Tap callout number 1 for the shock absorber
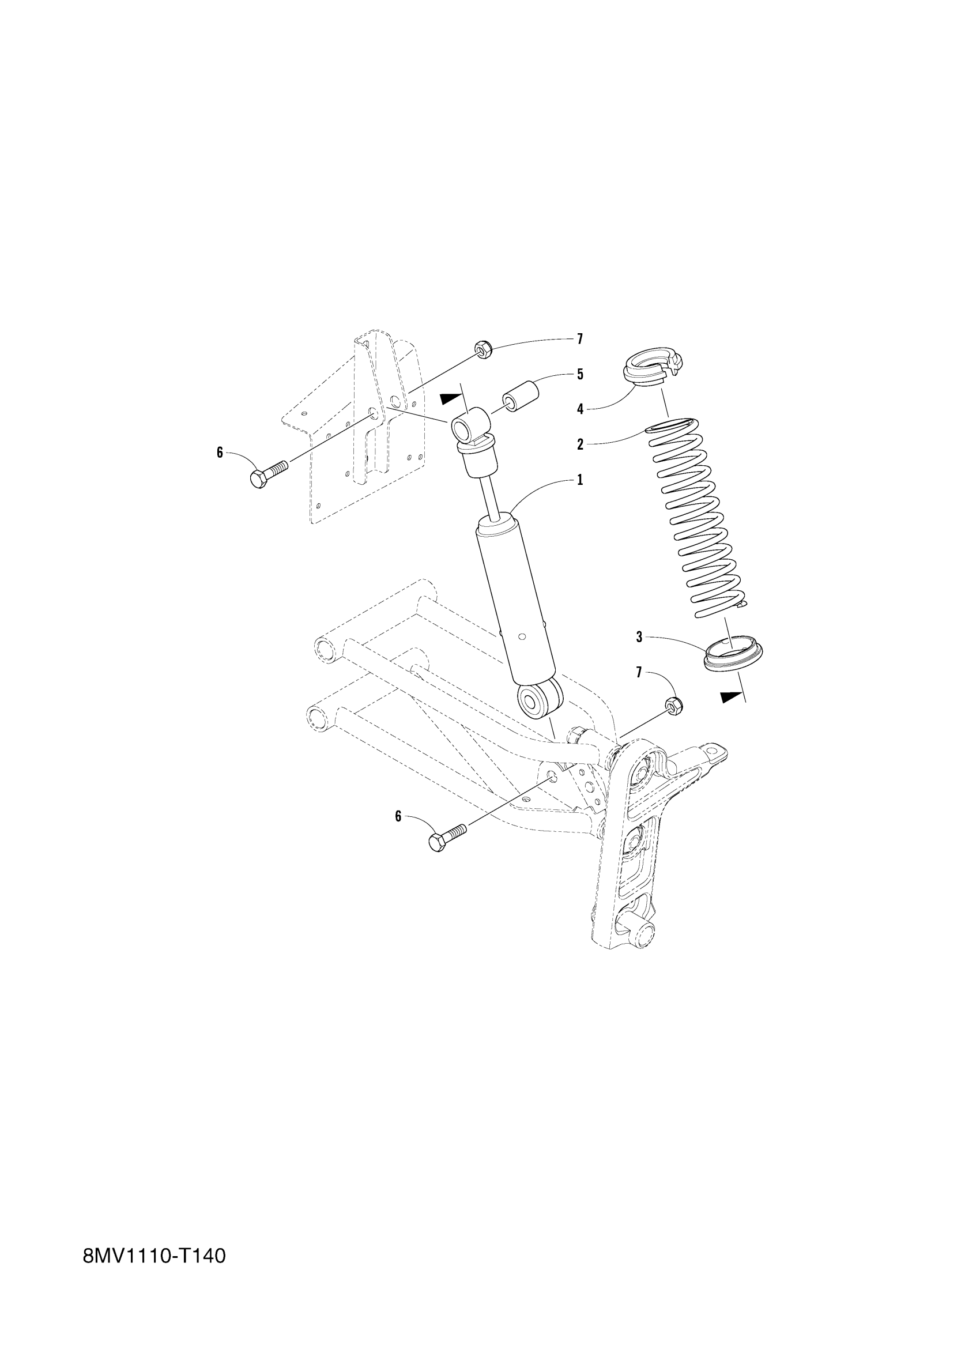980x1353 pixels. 579,480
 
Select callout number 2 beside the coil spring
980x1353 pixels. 579,444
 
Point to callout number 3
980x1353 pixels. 639,637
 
